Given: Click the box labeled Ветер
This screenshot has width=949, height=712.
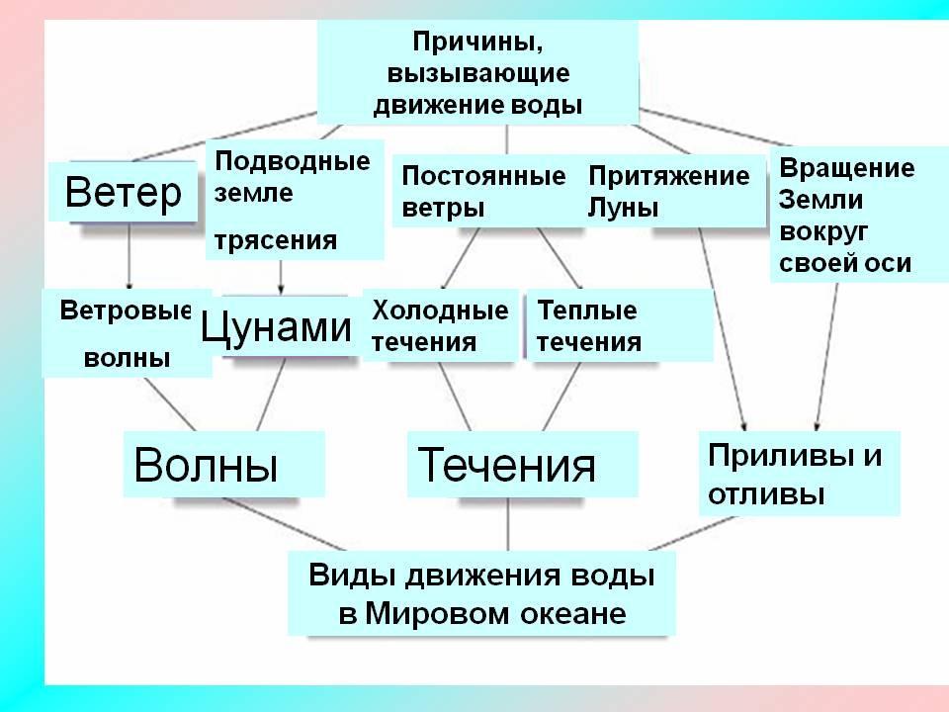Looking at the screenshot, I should [x=123, y=193].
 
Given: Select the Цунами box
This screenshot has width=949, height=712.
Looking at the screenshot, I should [x=276, y=326].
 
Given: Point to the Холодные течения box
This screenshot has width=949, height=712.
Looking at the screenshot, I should [x=441, y=325].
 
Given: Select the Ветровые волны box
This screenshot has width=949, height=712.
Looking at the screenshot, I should [x=126, y=333].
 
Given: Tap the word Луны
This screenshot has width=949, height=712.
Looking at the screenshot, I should [x=623, y=209].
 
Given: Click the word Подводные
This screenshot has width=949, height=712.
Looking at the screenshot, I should [x=292, y=160].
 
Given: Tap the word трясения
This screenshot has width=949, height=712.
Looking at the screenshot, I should [x=276, y=239].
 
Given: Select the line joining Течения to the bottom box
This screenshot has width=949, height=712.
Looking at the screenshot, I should [x=508, y=524].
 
